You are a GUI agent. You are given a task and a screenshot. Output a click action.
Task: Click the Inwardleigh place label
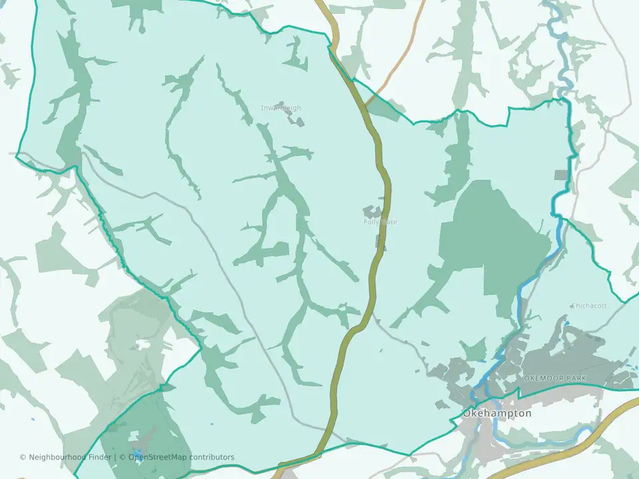click(281, 108)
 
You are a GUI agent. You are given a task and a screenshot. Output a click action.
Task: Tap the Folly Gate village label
click(380, 222)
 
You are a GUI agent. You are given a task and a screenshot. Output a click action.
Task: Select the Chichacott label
click(589, 306)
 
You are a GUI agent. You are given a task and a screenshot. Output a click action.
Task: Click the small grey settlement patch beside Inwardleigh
click(293, 114)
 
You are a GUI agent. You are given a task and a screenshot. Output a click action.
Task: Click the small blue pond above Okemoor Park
click(567, 324)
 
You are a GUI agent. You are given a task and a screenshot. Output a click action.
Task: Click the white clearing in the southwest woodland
click(142, 345)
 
